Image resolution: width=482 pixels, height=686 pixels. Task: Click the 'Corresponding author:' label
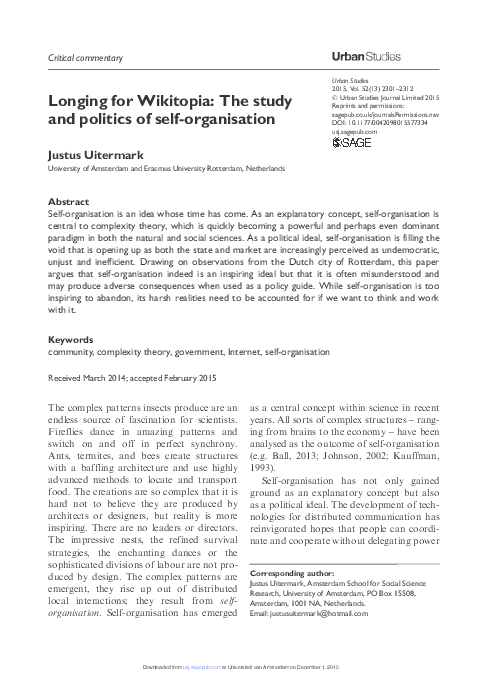coord(288,574)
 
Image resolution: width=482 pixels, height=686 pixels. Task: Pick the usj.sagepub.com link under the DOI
coord(354,131)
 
